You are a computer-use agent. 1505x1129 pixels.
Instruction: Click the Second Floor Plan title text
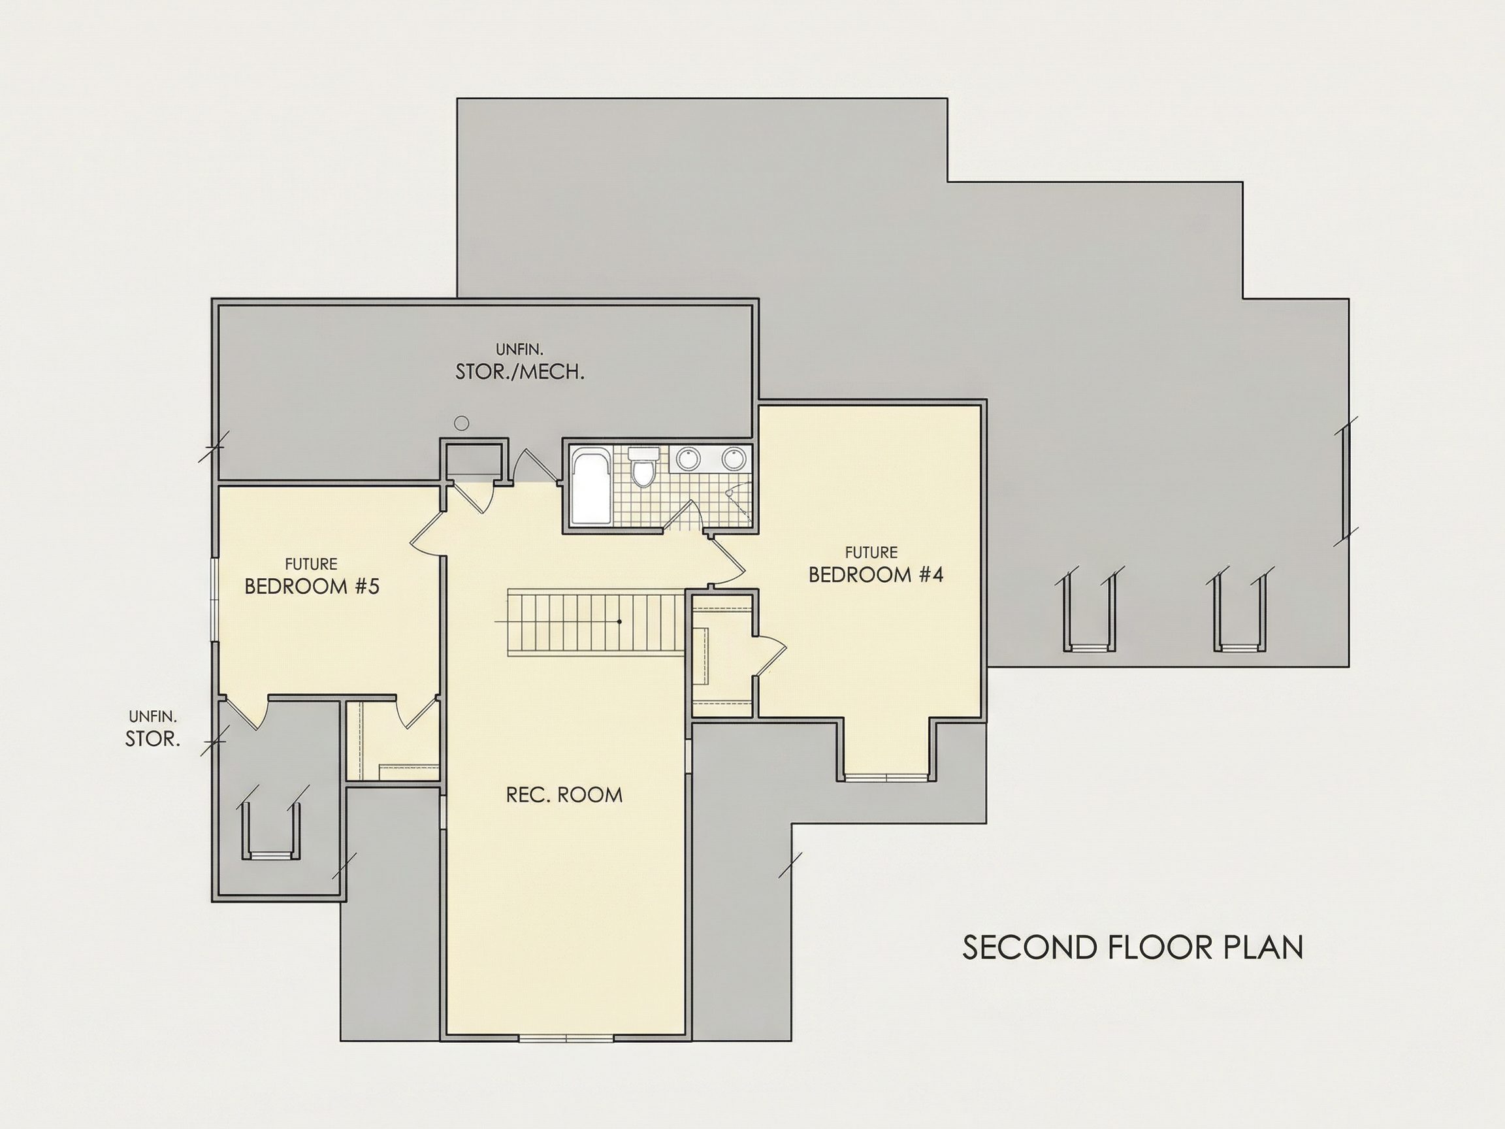1133,947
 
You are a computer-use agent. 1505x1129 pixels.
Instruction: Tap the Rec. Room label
564,795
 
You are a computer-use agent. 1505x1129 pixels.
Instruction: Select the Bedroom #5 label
312,586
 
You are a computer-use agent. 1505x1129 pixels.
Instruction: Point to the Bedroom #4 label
876,574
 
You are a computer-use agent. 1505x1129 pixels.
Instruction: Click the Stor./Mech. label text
520,372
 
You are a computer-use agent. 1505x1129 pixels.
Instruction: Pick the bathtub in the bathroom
591,486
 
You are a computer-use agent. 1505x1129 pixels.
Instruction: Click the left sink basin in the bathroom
688,457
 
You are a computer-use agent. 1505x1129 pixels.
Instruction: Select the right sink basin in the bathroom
734,457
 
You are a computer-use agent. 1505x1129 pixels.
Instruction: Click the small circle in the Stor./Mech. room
462,423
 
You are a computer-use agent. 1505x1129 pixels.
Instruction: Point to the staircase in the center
595,623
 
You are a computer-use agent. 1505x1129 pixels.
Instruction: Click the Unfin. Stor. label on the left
153,729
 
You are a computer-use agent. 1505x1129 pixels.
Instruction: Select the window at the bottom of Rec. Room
566,1038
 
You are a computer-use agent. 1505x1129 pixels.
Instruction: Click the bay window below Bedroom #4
887,776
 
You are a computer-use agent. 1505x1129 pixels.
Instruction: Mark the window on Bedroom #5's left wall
214,600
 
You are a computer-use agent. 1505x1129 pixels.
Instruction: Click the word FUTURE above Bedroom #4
871,552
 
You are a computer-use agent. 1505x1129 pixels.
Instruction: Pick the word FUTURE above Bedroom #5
311,564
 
